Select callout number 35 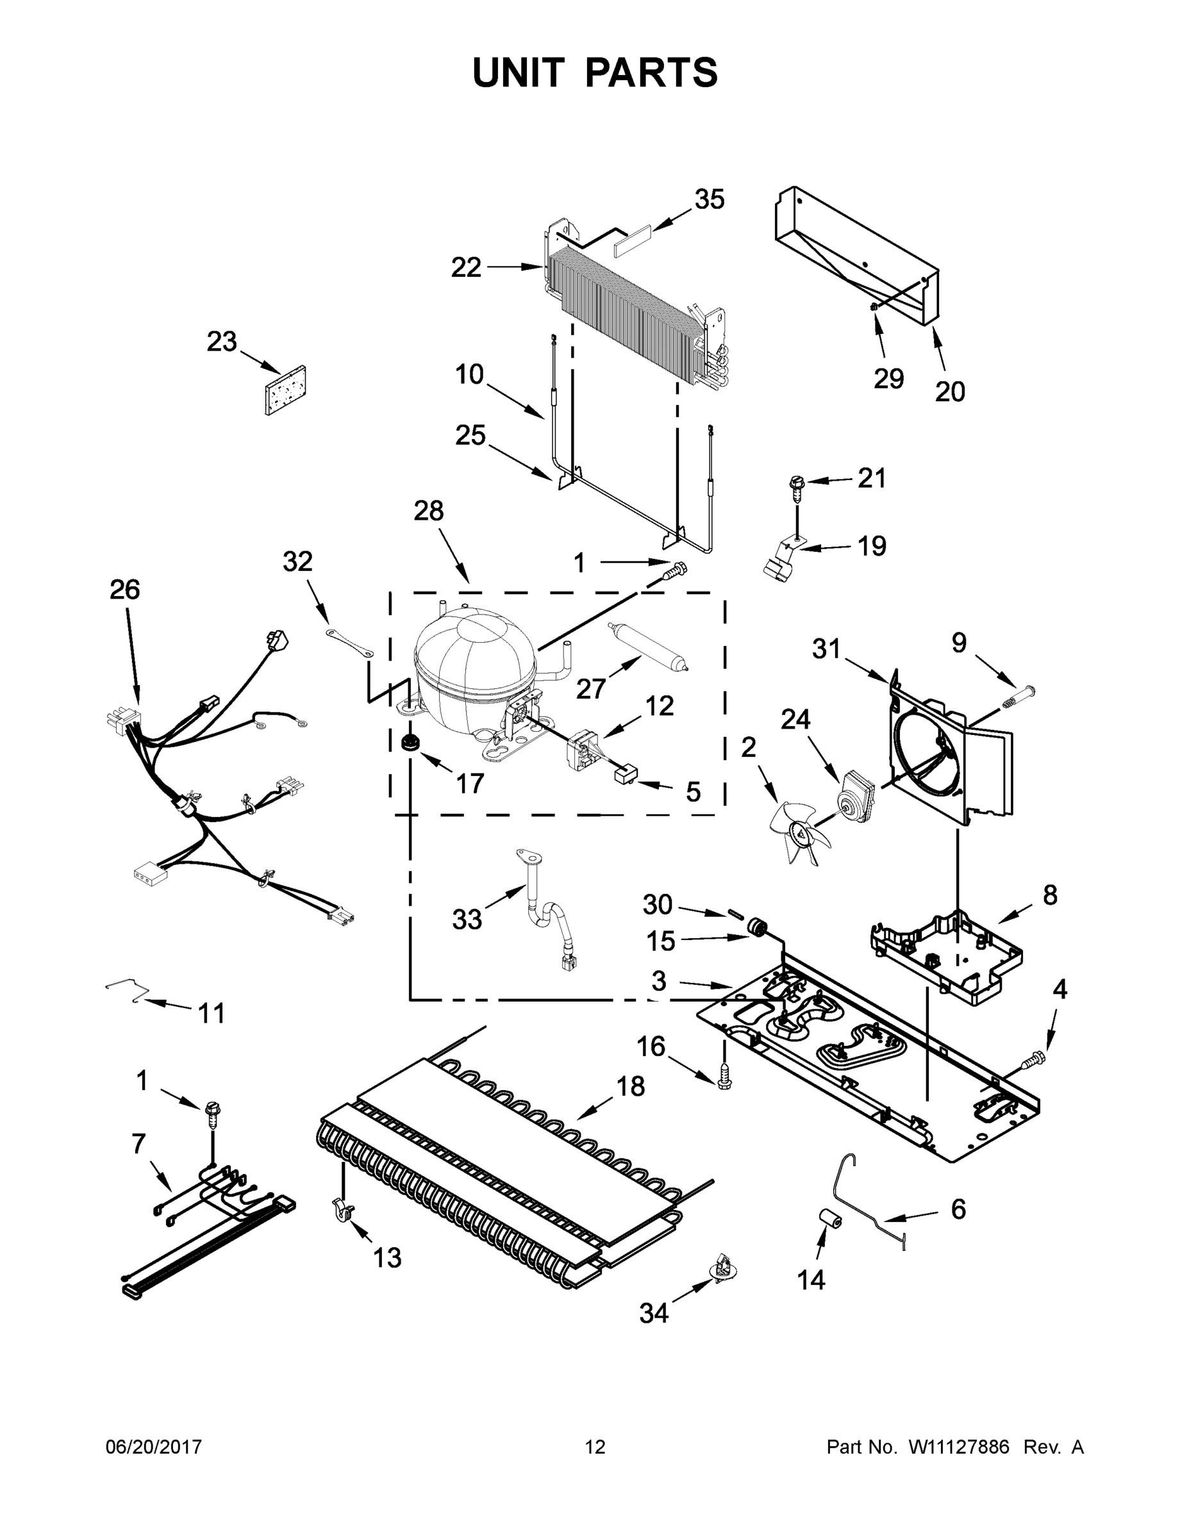point(710,200)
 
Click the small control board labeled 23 point(285,391)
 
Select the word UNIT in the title point(519,72)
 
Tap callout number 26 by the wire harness point(125,590)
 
